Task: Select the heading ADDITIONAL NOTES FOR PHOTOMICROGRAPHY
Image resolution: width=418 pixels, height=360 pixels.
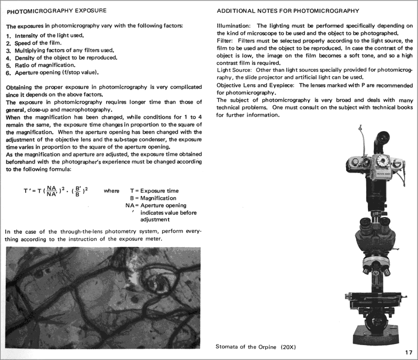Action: click(x=288, y=11)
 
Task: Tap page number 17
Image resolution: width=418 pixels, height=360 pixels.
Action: click(x=408, y=352)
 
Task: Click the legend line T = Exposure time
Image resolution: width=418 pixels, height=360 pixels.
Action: click(x=155, y=191)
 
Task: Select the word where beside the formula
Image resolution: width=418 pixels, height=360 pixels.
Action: click(x=111, y=191)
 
